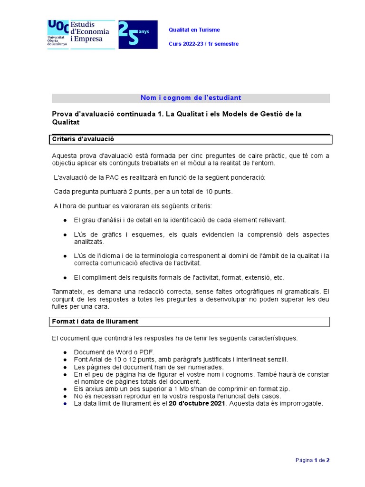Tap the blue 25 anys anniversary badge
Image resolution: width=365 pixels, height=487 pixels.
[x=137, y=34]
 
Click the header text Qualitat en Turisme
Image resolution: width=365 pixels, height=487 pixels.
[x=194, y=30]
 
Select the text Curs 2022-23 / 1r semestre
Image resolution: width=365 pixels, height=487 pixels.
[x=203, y=44]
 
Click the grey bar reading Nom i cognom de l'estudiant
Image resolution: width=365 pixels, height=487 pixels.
[x=191, y=98]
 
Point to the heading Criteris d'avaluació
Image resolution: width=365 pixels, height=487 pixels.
[x=83, y=139]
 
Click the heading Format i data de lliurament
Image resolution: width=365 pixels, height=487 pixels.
[x=95, y=321]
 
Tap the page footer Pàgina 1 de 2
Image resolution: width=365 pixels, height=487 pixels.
[x=312, y=460]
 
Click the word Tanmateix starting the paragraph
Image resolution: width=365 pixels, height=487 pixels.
[x=67, y=291]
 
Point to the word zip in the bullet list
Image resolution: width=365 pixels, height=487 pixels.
[x=284, y=389]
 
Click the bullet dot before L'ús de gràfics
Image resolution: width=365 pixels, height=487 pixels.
[x=65, y=235]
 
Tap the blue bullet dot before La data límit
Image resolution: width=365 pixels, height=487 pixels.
[x=65, y=404]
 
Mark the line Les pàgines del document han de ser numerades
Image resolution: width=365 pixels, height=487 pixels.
[x=148, y=367]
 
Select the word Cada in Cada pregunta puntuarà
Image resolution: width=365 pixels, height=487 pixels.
[x=62, y=192]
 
